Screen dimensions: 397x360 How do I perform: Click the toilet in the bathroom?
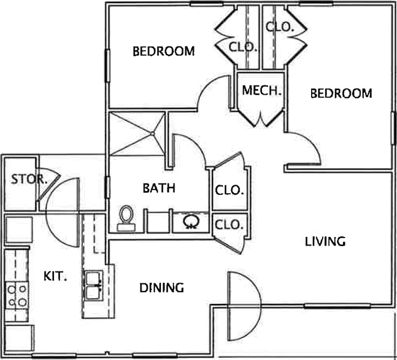tap(126, 218)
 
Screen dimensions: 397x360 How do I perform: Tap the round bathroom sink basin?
tap(191, 221)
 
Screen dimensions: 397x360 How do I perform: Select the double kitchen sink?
tap(94, 286)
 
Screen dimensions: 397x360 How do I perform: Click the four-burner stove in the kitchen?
tap(17, 295)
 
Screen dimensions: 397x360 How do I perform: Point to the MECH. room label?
tap(262, 91)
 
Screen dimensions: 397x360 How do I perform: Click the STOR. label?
tap(29, 179)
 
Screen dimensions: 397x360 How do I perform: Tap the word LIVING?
tap(326, 242)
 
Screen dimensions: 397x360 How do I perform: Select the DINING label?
tap(162, 288)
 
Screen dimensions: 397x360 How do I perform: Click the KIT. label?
tap(55, 276)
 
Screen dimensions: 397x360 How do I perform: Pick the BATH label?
tap(159, 188)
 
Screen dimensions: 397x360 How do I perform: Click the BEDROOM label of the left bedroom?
tap(164, 52)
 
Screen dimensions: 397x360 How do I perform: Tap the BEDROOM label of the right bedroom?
tap(341, 94)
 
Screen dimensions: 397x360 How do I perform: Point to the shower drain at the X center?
tap(152, 133)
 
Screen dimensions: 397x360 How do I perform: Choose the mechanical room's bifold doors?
tap(261, 118)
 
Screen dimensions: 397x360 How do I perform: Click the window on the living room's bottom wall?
tap(337, 306)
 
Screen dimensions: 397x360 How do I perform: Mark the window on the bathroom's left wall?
tap(108, 187)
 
